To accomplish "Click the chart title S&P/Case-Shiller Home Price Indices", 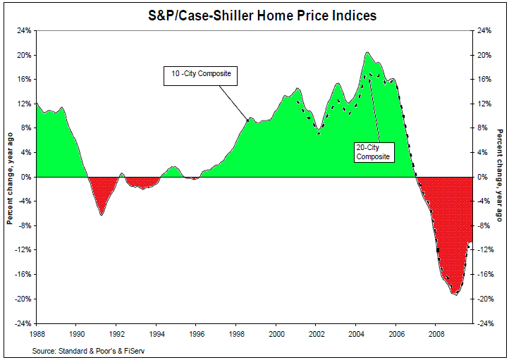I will tap(261, 14).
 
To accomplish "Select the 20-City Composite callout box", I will tap(372, 152).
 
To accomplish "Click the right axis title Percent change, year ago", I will tap(499, 178).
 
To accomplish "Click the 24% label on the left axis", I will tap(24, 31).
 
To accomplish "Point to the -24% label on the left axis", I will tap(23, 323).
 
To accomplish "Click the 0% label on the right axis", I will tap(482, 177).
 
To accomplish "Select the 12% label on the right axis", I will tap(484, 104).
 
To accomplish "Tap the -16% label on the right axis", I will tap(485, 275).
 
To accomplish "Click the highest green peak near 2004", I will tap(367, 53).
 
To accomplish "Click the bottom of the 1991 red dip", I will tap(102, 215).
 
